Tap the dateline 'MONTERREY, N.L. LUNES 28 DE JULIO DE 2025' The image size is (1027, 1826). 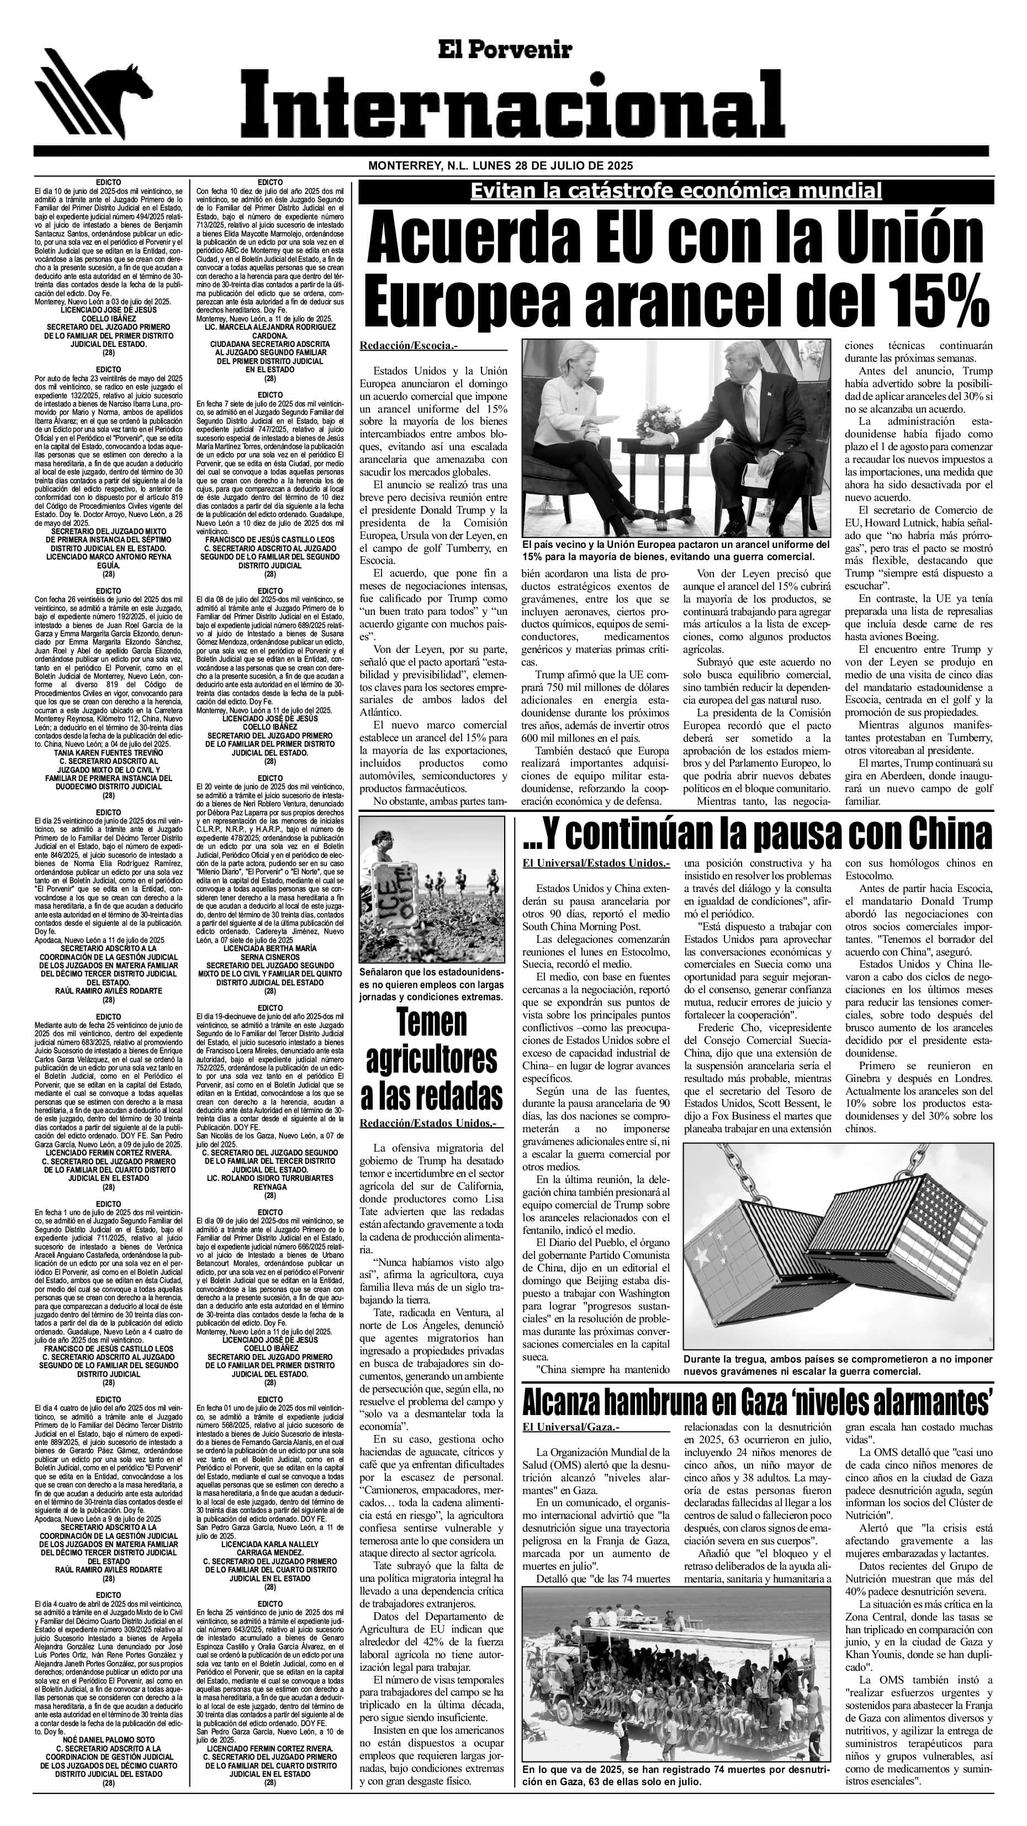[500, 166]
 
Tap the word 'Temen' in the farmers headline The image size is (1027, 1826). [431, 1023]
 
